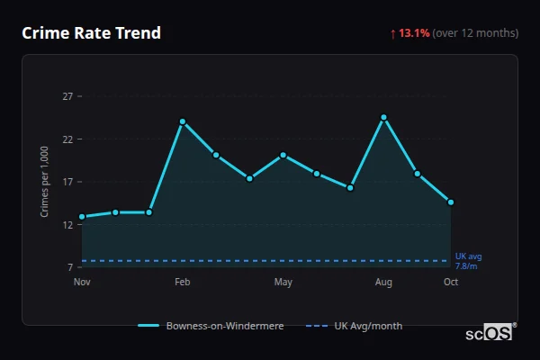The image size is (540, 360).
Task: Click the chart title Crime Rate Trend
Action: coord(91,33)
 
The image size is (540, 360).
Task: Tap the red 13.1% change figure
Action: coord(414,33)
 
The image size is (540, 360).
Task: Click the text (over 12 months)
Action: coord(475,33)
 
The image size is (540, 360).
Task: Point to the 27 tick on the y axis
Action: coord(67,96)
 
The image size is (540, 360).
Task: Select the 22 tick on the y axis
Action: coord(67,139)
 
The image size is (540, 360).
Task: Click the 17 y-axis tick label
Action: coord(67,182)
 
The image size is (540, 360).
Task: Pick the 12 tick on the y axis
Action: coord(67,225)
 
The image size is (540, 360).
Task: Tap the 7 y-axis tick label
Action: coord(69,267)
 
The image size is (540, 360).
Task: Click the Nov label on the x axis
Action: coord(82,283)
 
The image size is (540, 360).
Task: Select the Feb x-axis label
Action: coord(183,283)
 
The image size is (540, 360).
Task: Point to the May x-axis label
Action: coord(283,283)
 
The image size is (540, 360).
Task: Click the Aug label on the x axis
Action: coord(383,283)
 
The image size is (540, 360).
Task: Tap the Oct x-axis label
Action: coord(451,283)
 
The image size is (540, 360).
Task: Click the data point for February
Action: coord(183,121)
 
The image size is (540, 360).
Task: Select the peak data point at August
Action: coord(383,117)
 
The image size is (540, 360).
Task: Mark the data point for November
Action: coord(82,217)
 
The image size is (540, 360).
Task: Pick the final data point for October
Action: coord(451,202)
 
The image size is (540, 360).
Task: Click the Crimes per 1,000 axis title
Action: coord(44,183)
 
